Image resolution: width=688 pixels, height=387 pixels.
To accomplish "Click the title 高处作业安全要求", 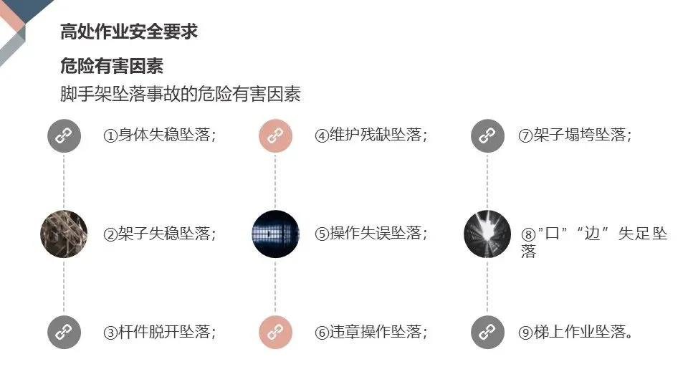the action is coord(129,32).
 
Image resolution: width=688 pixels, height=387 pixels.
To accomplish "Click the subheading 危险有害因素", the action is coord(112,66).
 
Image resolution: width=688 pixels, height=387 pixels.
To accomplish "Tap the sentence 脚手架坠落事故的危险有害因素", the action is coord(181,94).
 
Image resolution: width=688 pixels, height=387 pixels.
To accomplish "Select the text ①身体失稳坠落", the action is coord(160,135).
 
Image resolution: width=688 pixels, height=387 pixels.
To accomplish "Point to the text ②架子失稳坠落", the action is coord(160,234).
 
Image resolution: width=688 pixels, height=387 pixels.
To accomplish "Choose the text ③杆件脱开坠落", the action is coord(160,332).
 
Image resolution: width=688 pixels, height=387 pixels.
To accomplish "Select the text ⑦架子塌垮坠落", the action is coord(575,135).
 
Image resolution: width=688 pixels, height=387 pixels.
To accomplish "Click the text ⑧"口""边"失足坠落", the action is coord(593,241).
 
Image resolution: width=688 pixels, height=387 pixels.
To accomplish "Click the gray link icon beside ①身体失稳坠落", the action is coord(64,135).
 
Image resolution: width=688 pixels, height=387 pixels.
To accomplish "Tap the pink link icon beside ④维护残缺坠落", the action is coord(275,135).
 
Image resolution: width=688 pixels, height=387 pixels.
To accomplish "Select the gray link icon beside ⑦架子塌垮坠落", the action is coord(487,135).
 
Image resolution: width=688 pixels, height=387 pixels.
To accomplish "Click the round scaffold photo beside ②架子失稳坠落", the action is coord(64,234).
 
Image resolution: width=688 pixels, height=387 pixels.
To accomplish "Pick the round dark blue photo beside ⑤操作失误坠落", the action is coord(275,234).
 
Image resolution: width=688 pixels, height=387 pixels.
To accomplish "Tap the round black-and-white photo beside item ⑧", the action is coord(487,234).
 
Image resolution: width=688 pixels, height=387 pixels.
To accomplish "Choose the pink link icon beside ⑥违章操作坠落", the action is coord(275,332).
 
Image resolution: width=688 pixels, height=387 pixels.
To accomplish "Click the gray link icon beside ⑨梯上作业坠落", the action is coord(487,332).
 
